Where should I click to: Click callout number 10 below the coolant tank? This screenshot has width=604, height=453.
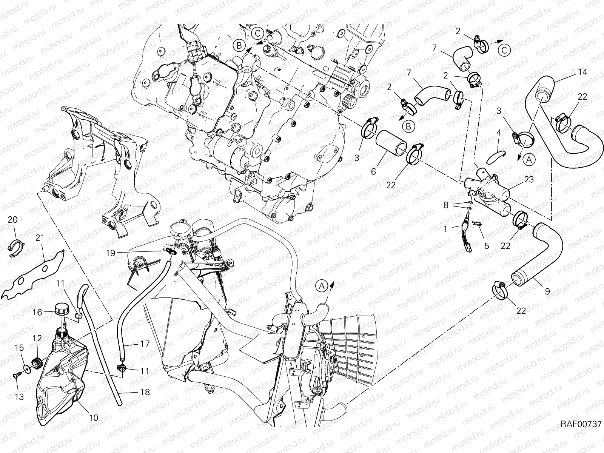click(x=94, y=418)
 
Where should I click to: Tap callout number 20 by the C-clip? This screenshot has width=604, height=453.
click(x=12, y=220)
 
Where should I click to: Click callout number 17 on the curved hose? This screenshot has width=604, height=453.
click(x=145, y=344)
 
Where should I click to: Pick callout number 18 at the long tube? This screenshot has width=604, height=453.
click(x=145, y=392)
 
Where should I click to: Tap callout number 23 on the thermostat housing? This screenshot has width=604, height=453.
click(x=529, y=180)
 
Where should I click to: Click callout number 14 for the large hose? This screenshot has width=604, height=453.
click(x=582, y=72)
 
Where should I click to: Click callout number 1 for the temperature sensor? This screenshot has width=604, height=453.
click(x=446, y=229)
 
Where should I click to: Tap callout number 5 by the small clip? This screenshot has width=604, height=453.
click(x=486, y=246)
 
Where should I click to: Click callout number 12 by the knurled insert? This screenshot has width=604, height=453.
click(x=38, y=338)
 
